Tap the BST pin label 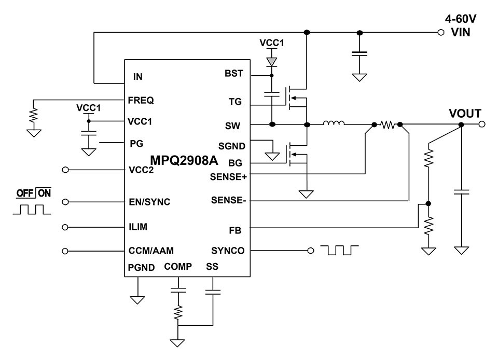233,74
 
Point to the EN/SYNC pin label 149,202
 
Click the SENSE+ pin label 228,176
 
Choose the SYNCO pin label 228,251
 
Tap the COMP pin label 178,267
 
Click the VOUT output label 465,114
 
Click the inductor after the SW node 334,124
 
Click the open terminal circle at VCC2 65,170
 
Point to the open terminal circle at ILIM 65,227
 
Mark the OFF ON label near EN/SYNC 34,193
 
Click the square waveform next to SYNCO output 340,251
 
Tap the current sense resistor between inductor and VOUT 388,124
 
